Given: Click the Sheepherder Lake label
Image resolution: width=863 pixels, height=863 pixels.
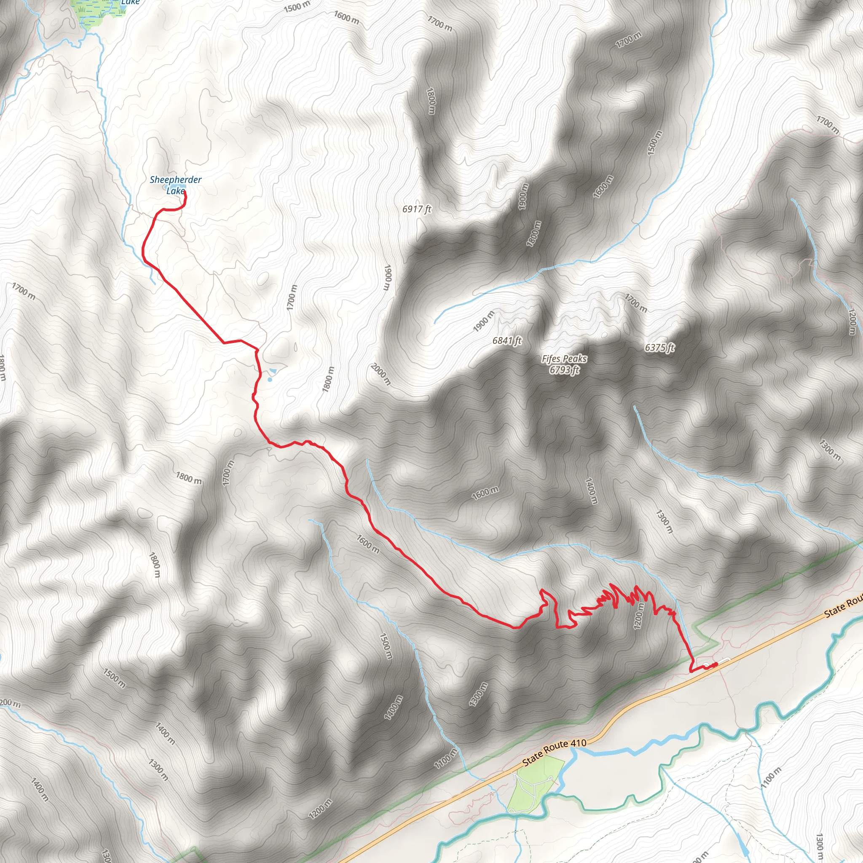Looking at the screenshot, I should [176, 185].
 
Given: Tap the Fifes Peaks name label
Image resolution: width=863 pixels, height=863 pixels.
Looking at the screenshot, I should [564, 359].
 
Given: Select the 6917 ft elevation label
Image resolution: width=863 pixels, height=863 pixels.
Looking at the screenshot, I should [417, 209].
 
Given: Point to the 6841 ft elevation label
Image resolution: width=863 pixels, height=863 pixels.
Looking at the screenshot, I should [507, 341].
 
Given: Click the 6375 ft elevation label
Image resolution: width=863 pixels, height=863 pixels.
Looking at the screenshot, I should [660, 348].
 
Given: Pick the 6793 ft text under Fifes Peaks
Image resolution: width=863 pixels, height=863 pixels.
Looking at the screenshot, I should [565, 370].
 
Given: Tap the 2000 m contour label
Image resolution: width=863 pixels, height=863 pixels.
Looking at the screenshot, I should [381, 374].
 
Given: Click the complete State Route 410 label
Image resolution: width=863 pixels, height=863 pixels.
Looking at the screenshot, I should [555, 752].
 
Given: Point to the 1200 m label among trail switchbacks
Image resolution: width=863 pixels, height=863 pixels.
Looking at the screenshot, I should [639, 616].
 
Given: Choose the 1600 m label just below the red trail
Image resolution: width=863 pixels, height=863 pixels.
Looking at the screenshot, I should [368, 544].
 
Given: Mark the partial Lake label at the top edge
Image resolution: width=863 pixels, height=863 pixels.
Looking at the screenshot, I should [131, 3].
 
